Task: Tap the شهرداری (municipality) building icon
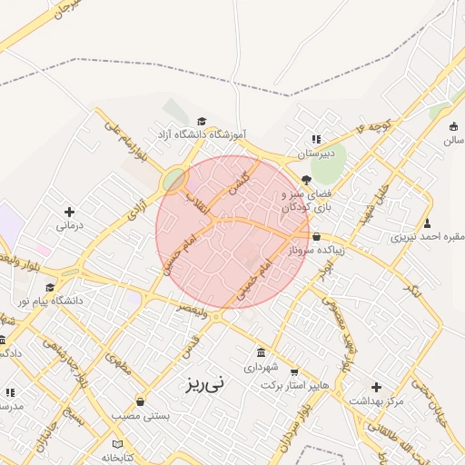tap(262, 352)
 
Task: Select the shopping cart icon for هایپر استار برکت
tap(293, 371)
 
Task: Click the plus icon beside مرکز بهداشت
tap(377, 387)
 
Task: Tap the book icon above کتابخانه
tap(116, 442)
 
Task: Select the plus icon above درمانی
tap(69, 212)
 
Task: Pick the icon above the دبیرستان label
tap(315, 139)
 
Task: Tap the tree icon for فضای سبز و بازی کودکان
tap(306, 179)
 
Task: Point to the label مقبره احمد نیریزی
tap(428, 237)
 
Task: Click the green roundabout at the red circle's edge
tap(173, 181)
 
